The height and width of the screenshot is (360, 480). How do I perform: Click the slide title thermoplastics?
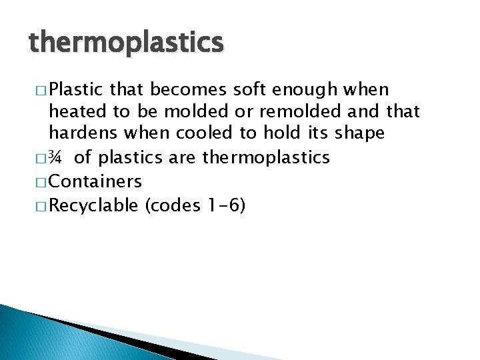126,43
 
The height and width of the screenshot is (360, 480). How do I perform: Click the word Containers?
95,181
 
